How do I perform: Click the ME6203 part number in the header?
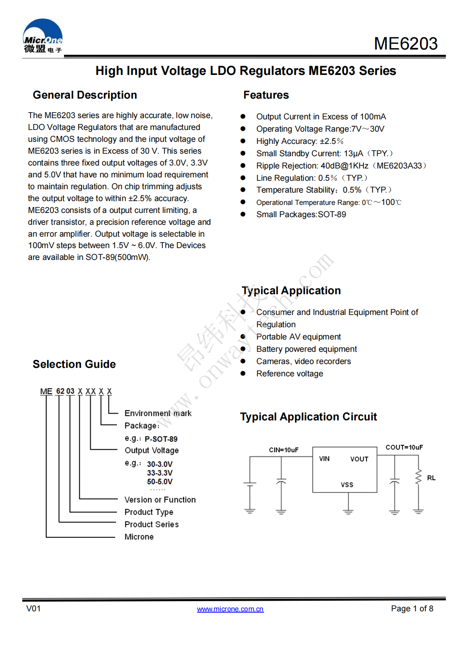point(406,44)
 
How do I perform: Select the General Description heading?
point(85,95)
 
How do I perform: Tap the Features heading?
point(266,95)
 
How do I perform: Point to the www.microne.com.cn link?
point(230,609)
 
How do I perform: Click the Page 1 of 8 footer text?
point(412,608)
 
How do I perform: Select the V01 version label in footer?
point(33,608)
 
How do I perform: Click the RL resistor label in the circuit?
point(431,478)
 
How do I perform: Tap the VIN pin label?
point(324,458)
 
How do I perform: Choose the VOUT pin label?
point(359,459)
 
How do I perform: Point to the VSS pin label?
point(347,485)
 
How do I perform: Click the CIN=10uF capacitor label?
point(284,450)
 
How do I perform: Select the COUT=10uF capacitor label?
point(404,447)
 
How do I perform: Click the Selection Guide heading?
point(74,364)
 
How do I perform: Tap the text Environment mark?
point(158,413)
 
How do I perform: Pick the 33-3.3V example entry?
point(160,473)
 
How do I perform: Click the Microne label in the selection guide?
point(139,537)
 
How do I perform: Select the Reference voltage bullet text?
point(289,373)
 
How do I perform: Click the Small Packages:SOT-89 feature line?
point(301,214)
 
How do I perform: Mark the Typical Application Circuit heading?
point(308,417)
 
